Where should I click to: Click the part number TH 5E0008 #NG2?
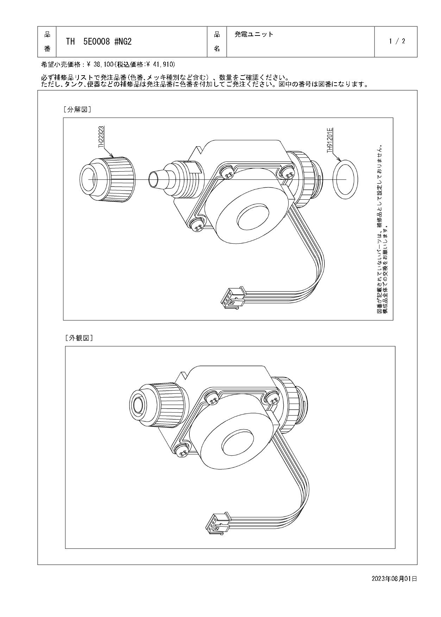click(99, 42)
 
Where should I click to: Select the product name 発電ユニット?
click(254, 34)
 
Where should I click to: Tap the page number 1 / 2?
click(397, 41)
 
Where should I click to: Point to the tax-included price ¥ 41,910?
click(160, 65)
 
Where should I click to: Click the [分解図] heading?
click(77, 110)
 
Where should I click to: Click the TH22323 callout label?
click(101, 138)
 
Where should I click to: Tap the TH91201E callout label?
click(330, 140)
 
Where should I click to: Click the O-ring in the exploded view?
click(345, 179)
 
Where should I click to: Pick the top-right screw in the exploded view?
click(287, 173)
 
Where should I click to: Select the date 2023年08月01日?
click(394, 579)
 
